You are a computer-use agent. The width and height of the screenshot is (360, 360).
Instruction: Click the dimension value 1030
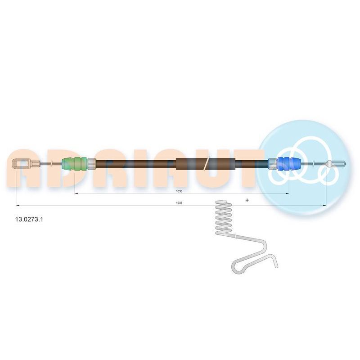pos(179,191)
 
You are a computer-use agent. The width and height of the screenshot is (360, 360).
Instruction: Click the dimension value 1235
pos(179,203)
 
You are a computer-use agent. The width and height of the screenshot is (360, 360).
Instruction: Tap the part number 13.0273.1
pos(29,219)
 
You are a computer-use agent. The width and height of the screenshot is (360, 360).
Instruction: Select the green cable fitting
pos(74,164)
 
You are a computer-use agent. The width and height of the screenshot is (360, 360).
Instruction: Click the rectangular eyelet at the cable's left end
pos(21,164)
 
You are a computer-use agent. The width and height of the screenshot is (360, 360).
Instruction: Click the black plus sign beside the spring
pos(247,200)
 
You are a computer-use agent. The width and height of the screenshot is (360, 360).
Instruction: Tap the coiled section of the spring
pos(223,217)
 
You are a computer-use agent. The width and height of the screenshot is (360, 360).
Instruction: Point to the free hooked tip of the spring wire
pos(276,267)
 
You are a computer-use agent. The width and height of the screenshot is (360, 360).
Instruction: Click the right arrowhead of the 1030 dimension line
pos(287,193)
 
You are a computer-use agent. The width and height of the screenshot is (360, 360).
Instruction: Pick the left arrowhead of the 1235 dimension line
pos(18,205)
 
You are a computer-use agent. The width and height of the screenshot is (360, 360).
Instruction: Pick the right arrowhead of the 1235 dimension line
pos(324,205)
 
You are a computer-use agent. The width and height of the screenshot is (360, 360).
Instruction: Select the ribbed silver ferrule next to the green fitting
pos(92,164)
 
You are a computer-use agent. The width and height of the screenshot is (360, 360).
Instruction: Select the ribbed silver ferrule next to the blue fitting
pos(273,164)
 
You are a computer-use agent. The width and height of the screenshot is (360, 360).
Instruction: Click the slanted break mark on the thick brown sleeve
pos(206,164)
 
